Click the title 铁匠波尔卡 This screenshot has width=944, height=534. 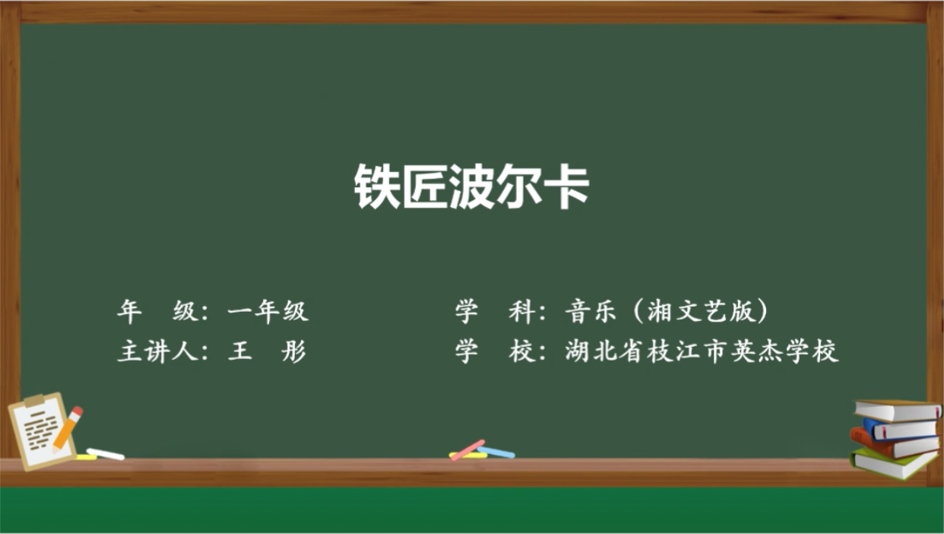click(471, 186)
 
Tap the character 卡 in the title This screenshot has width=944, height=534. click(566, 186)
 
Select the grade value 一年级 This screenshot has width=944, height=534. click(268, 312)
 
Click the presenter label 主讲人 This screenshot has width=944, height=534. click(157, 351)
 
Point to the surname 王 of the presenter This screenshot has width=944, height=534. click(239, 351)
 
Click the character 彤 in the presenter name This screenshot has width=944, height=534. click(293, 351)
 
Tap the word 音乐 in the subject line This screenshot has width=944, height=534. click(591, 312)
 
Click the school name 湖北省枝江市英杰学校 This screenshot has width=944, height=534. click(702, 351)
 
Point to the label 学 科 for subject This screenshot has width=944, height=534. click(495, 312)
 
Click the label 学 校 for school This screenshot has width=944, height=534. click(495, 351)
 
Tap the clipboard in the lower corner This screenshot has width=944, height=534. click(42, 431)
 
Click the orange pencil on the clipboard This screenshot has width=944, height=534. click(68, 429)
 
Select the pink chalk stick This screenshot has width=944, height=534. click(467, 450)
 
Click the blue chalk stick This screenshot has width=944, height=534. click(496, 452)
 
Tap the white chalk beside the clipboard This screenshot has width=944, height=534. click(106, 454)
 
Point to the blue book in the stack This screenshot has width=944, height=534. click(900, 429)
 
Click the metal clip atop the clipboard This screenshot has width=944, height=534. click(33, 400)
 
